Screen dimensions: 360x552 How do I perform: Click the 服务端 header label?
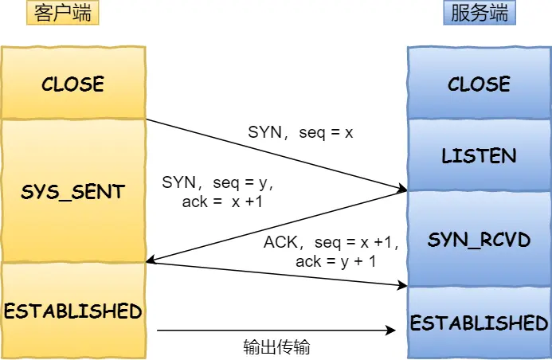coord(479,14)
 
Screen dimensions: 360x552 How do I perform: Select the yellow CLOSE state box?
coord(72,84)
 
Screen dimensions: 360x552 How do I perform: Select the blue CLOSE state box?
coord(479,84)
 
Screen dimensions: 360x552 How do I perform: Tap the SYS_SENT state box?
coord(72,191)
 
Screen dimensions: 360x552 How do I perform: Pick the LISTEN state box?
coord(479,155)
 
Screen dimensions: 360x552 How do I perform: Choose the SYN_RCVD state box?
coord(479,239)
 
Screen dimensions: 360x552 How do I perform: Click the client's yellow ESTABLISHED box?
coord(72,311)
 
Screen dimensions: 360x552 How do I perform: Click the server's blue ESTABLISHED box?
coord(479,323)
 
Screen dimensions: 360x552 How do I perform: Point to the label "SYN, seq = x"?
coord(300,133)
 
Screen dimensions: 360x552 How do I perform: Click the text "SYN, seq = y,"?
coord(217,182)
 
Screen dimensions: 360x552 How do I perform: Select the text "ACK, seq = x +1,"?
coord(331,242)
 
